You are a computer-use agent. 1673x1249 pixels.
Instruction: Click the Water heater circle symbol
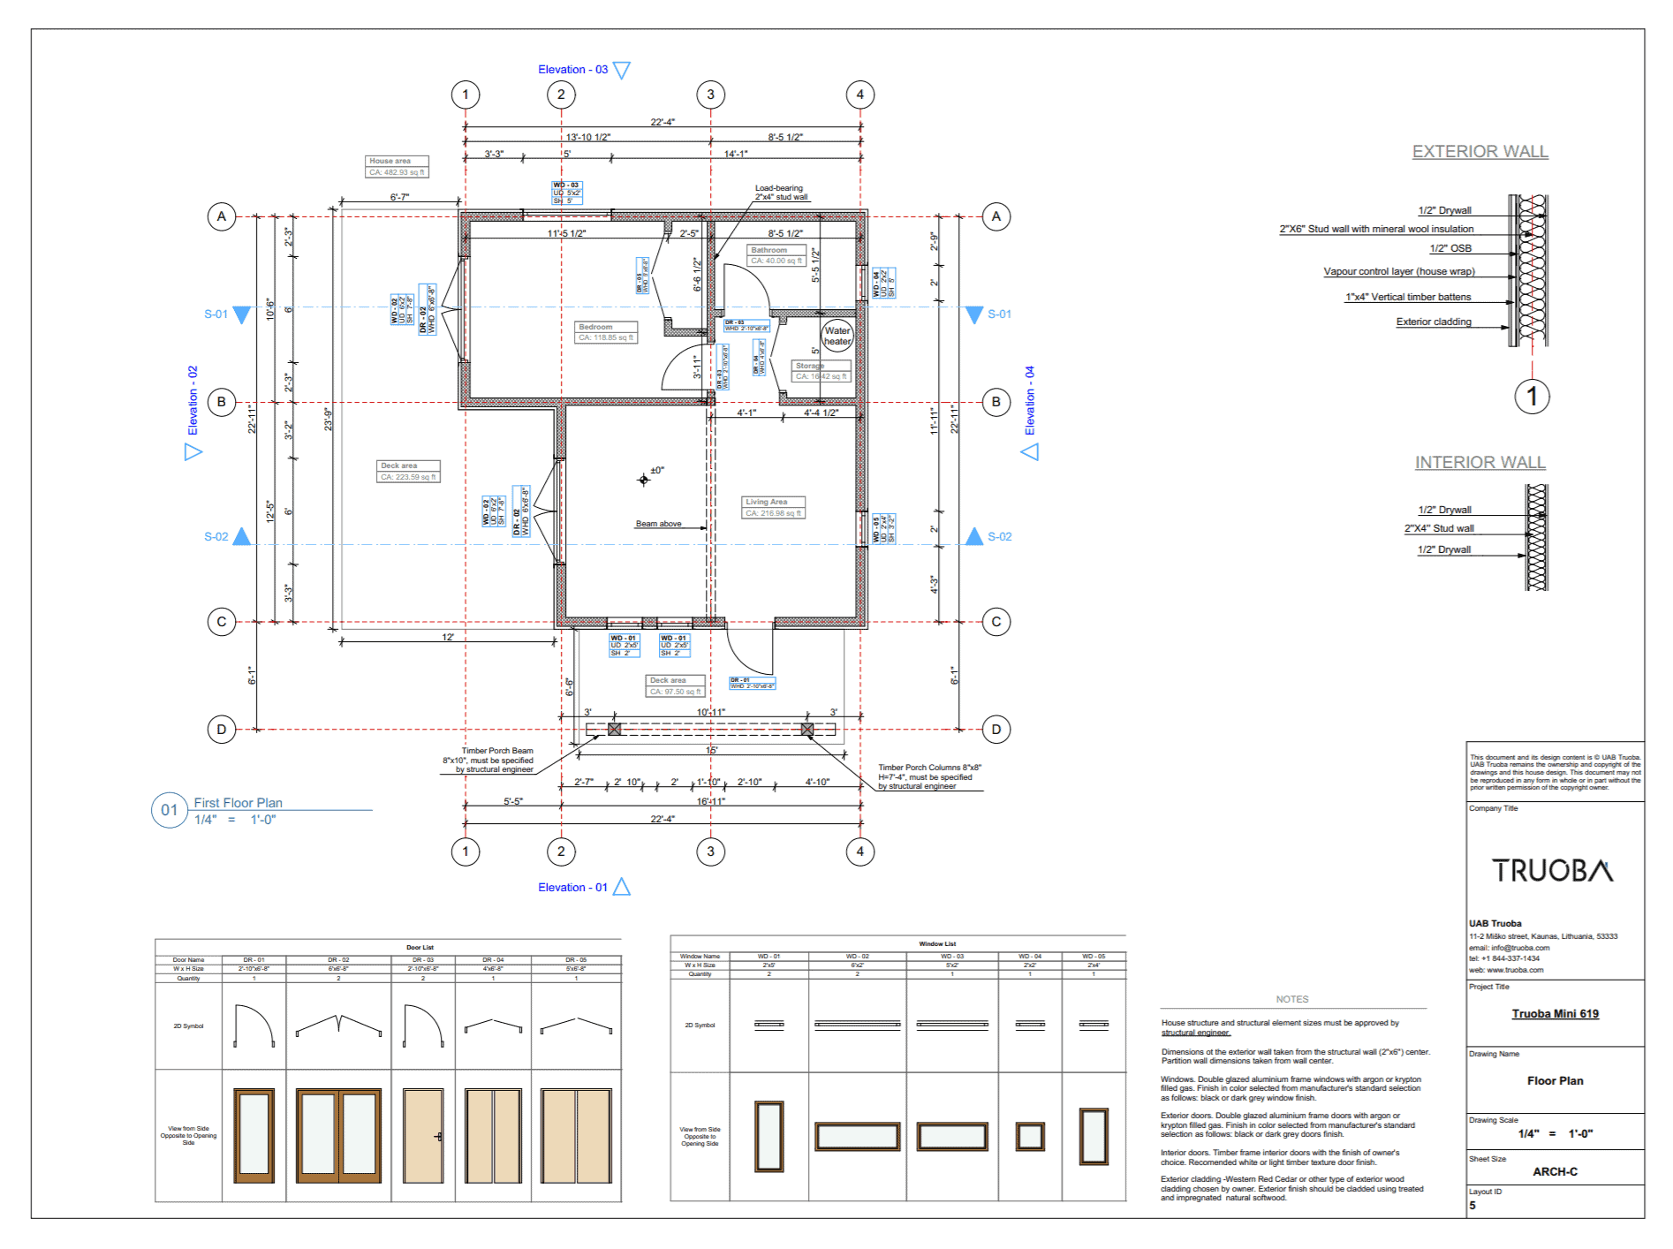(x=836, y=336)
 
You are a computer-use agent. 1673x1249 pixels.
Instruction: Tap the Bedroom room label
(x=596, y=327)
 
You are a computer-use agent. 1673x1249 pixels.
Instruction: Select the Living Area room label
(x=766, y=502)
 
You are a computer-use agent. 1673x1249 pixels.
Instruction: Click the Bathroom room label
(x=768, y=250)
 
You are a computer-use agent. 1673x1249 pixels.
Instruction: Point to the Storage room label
(x=810, y=366)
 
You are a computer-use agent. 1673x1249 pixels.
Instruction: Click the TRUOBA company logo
(x=1553, y=871)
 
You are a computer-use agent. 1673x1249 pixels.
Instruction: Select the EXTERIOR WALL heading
(x=1480, y=152)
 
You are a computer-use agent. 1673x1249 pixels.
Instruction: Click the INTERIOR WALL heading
(x=1480, y=463)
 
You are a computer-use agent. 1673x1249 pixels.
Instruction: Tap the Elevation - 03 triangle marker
(x=622, y=70)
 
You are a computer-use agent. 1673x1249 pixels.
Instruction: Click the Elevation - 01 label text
(x=572, y=887)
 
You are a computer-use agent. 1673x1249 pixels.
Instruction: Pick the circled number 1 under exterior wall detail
(x=1532, y=396)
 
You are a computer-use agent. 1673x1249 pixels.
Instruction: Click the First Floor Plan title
(x=238, y=803)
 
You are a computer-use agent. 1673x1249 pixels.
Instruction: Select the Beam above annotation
(x=658, y=524)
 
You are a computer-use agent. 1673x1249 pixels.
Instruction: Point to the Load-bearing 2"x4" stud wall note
(x=780, y=193)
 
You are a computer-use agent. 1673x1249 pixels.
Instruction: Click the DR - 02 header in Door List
(x=338, y=959)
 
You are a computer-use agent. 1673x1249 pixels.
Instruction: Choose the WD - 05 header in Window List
(x=1094, y=956)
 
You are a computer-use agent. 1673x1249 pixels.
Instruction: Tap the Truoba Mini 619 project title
(x=1555, y=1014)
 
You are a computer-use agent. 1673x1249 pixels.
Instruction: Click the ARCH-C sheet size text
(x=1555, y=1171)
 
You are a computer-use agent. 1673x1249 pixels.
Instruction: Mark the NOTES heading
(x=1291, y=999)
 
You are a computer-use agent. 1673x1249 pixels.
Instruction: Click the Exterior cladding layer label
(x=1433, y=322)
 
